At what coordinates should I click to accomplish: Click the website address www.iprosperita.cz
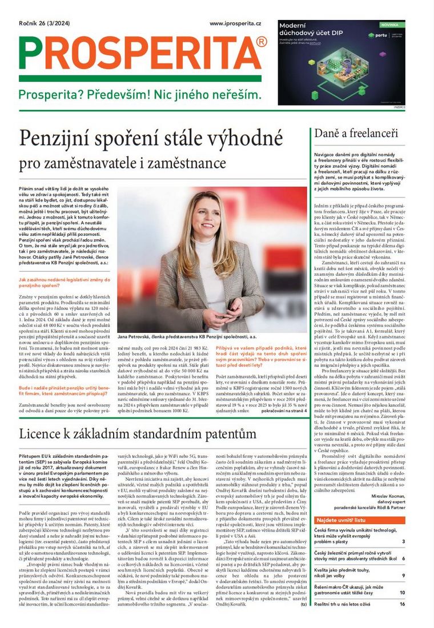point(235,23)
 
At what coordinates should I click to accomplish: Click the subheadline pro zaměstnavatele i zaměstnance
point(123,163)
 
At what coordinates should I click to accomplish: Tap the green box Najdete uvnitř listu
point(342,521)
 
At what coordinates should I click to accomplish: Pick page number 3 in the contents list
point(403,541)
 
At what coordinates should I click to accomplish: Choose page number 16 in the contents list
point(401,603)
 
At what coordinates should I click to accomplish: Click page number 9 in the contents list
point(403,575)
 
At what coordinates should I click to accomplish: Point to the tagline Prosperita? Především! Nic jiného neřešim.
point(139,94)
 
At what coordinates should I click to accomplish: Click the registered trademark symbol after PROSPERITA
point(262,42)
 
